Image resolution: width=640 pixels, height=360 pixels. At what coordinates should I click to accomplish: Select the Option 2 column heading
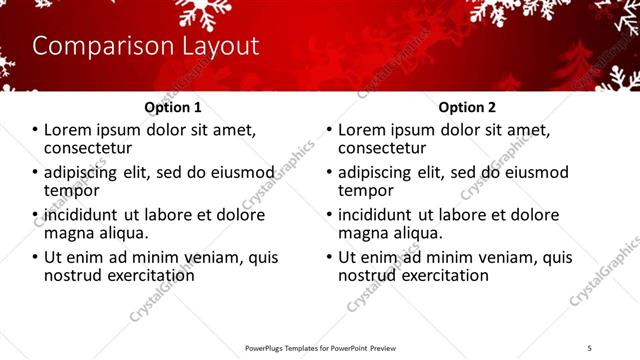(x=467, y=107)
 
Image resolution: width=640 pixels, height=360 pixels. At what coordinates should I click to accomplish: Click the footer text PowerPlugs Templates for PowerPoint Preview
(x=320, y=348)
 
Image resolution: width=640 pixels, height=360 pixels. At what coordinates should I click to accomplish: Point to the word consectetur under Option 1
(x=90, y=148)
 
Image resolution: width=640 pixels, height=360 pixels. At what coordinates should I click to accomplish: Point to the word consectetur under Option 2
(x=384, y=148)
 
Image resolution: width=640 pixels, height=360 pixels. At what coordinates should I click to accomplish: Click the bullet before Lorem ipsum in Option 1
(x=36, y=130)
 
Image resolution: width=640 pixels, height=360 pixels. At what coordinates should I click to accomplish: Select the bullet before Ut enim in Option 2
(x=330, y=257)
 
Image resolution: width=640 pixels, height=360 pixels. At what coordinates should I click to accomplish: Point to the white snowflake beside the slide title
(x=204, y=13)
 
